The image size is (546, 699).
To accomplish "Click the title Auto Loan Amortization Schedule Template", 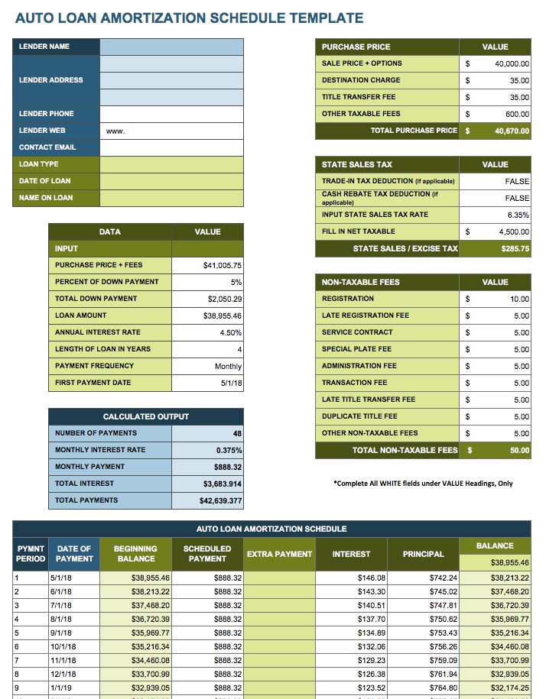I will tap(189, 18).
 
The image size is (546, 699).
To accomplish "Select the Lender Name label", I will tap(44, 47).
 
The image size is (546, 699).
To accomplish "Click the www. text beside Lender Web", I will tap(115, 131).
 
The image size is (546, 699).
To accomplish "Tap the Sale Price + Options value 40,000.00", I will tap(512, 63).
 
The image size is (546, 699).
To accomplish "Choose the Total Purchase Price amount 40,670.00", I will tap(512, 131).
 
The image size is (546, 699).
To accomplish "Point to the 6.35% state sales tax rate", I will tap(518, 215).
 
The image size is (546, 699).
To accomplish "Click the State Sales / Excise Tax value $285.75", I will tap(515, 248).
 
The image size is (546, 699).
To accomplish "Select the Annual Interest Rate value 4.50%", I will tap(229, 332).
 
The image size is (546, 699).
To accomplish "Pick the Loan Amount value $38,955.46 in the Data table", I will tap(223, 316).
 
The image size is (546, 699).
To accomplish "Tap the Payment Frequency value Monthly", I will tap(228, 366).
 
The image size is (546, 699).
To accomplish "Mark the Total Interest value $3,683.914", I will tap(223, 484).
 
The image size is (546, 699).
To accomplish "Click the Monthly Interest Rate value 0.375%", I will tap(229, 450).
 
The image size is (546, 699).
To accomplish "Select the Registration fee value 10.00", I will tap(519, 299).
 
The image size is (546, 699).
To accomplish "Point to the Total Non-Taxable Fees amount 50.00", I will tap(519, 450).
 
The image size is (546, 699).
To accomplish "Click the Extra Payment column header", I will tap(279, 554).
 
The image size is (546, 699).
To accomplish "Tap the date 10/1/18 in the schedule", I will tap(63, 646).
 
